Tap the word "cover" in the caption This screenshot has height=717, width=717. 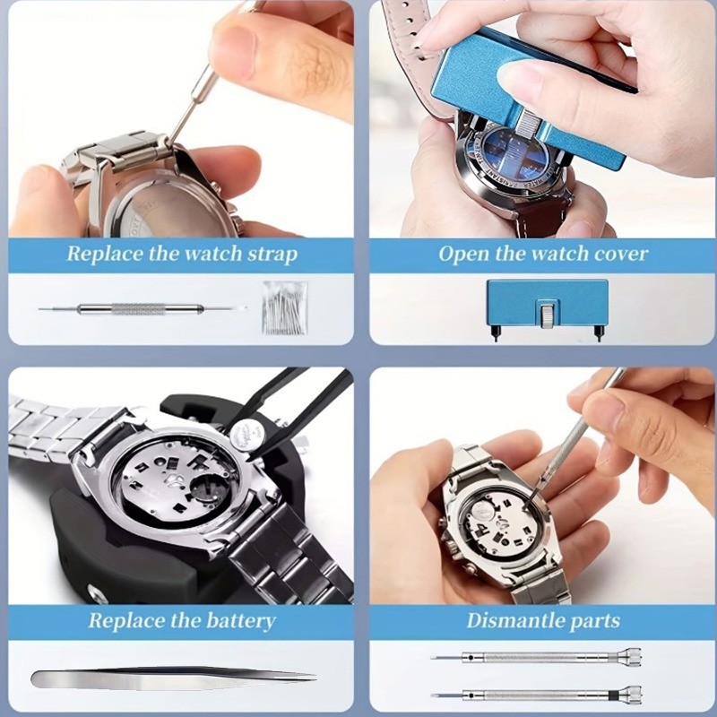pyautogui.click(x=618, y=255)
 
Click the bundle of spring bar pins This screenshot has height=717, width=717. pyautogui.click(x=284, y=307)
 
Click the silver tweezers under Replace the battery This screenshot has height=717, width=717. pyautogui.click(x=170, y=678)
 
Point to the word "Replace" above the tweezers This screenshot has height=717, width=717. pyautogui.click(x=119, y=621)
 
